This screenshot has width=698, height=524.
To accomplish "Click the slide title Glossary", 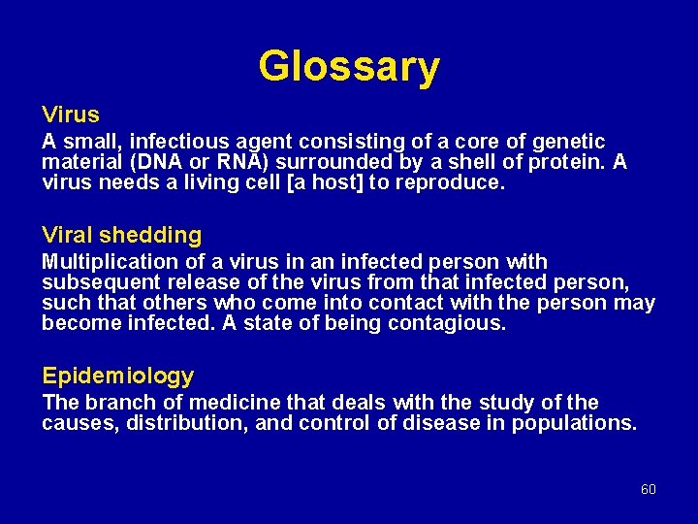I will [x=349, y=67].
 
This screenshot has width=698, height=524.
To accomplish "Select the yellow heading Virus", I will [x=71, y=115].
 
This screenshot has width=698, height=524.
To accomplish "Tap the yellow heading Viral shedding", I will [x=122, y=235].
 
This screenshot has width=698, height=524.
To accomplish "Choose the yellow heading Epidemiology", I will [x=117, y=376].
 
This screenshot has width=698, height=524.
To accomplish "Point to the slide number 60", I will [x=649, y=489].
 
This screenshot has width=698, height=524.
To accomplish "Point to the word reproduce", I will [x=457, y=182].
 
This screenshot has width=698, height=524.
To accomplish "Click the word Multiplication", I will [x=96, y=262].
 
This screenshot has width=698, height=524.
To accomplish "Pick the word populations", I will [x=580, y=423].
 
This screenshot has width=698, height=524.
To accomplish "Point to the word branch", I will [x=115, y=403].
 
